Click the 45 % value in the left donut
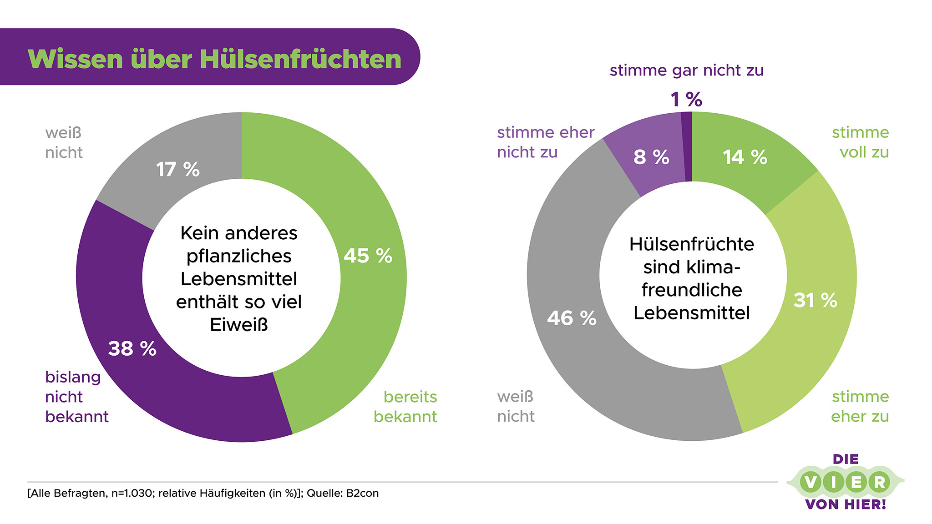[x=368, y=256]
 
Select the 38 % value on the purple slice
[x=132, y=349]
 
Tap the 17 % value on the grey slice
[x=177, y=170]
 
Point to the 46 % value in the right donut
[x=572, y=318]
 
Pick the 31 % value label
[x=815, y=300]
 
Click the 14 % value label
[x=745, y=157]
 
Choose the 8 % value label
[x=651, y=157]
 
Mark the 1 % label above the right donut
[x=686, y=100]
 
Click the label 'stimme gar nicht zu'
[x=686, y=71]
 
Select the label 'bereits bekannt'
[x=406, y=406]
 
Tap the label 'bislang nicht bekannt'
[x=76, y=397]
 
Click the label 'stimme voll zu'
[x=861, y=142]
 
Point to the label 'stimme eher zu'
[x=860, y=406]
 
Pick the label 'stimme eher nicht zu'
[x=545, y=142]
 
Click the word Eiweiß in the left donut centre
[x=239, y=325]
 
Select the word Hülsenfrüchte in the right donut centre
[x=692, y=244]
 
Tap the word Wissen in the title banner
[x=76, y=59]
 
